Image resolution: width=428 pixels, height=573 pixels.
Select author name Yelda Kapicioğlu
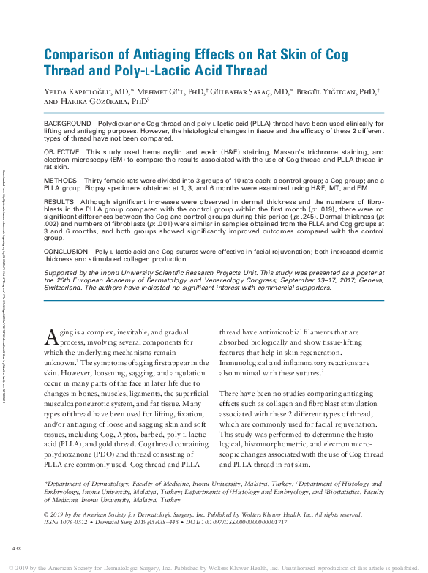pos(84,92)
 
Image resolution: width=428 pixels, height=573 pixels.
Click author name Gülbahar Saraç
pos(263,92)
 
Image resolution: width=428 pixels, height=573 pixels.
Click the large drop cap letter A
pos(50,337)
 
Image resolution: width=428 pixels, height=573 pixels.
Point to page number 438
pos(17,548)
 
